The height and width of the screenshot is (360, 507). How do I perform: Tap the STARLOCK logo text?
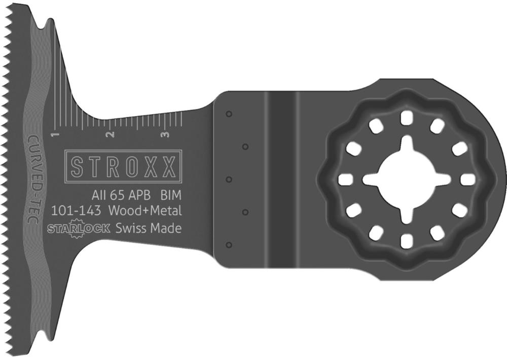coord(79,228)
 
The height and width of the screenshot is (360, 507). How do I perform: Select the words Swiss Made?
coord(149,228)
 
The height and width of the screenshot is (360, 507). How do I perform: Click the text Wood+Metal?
coord(145,211)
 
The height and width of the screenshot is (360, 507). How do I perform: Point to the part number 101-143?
coord(77,211)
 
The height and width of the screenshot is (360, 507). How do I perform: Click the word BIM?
coord(171,195)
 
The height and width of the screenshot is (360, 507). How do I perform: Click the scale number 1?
coord(55,134)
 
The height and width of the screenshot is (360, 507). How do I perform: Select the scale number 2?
coord(111,134)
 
